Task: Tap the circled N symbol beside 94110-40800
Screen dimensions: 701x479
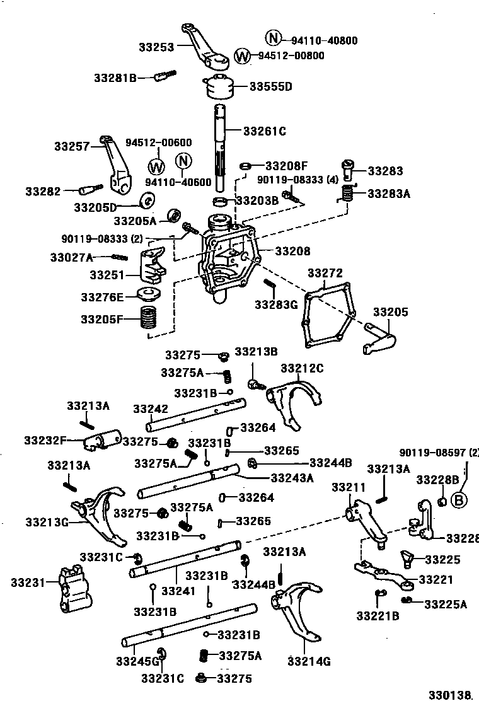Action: [x=272, y=38]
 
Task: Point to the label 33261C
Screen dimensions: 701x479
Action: [x=264, y=131]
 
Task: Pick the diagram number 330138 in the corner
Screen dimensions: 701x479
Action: [x=451, y=694]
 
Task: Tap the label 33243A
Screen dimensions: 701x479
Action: [x=292, y=478]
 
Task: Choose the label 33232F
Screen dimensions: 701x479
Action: [x=45, y=439]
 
